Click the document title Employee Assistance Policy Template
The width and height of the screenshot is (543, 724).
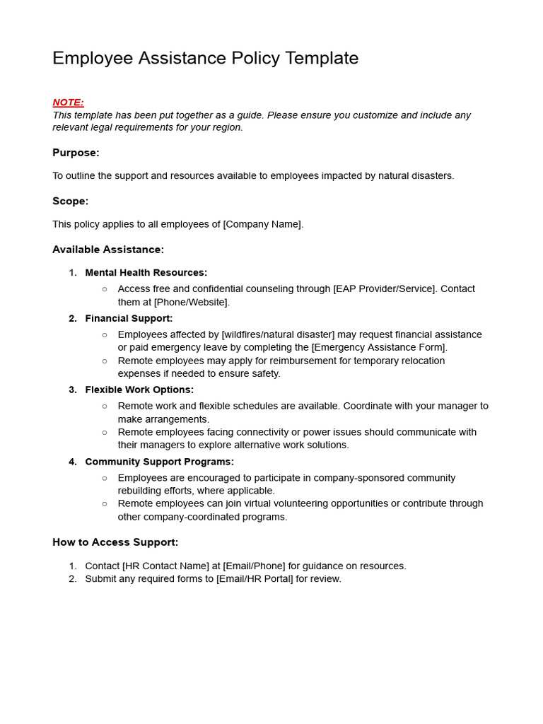205,58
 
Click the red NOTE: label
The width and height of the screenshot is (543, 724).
68,103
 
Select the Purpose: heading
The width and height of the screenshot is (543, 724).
76,153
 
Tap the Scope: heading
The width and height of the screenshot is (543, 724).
70,202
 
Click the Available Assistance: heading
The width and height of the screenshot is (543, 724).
108,250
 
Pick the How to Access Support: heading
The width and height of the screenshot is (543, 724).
115,542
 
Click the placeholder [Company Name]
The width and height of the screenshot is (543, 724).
262,225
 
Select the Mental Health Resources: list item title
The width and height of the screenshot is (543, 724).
146,273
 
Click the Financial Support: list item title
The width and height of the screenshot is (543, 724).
129,319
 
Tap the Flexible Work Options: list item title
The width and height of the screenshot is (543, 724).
139,390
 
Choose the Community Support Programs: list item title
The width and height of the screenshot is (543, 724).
159,462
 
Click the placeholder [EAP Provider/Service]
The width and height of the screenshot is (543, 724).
385,289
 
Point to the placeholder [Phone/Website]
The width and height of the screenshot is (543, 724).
192,302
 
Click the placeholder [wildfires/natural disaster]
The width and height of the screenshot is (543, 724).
278,334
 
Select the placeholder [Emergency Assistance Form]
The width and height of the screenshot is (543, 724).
378,347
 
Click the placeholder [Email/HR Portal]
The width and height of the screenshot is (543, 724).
255,579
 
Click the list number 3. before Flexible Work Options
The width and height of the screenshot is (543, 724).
73,390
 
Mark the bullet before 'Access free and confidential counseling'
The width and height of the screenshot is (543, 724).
105,289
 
